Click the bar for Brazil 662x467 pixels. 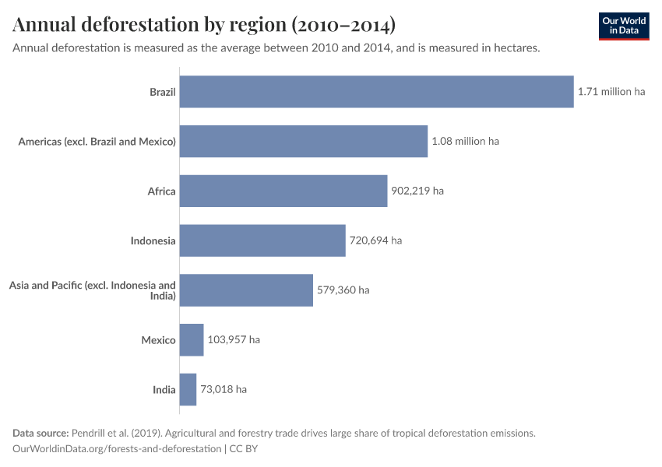click(x=376, y=92)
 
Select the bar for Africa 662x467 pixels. click(x=283, y=191)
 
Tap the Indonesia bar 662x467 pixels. click(x=262, y=241)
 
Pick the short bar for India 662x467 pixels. click(x=188, y=389)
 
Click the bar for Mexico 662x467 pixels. click(x=192, y=340)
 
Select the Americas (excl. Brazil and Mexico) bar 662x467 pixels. click(x=304, y=142)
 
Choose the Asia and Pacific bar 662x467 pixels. click(x=246, y=290)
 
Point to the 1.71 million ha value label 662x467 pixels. click(x=611, y=92)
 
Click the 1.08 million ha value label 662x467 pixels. click(x=465, y=142)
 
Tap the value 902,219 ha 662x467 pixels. click(x=417, y=191)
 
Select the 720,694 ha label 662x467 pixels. click(x=375, y=241)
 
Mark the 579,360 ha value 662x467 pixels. click(x=343, y=290)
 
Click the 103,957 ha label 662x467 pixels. click(x=234, y=340)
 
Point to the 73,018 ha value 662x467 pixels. click(x=224, y=389)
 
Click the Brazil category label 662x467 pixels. click(x=162, y=92)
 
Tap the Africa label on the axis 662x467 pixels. click(x=161, y=191)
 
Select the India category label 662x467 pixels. click(x=164, y=389)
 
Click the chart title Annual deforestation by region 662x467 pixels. click(x=204, y=25)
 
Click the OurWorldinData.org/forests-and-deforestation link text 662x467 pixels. click(x=117, y=449)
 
